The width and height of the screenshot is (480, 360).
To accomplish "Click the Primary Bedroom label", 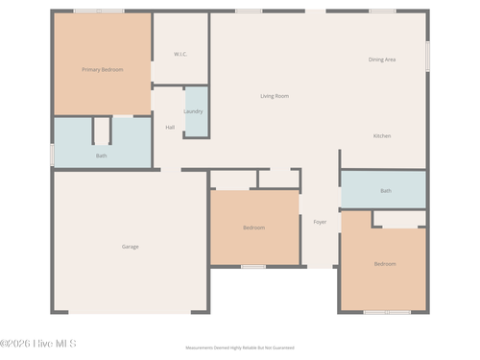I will (102, 69).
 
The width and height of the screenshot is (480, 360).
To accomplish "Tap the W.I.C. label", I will (180, 54).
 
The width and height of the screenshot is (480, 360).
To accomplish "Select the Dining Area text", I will (382, 60).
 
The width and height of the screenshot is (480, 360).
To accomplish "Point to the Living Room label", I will (275, 96).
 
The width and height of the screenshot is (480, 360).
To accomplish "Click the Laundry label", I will (193, 111).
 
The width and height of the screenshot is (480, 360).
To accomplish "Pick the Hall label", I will (170, 127).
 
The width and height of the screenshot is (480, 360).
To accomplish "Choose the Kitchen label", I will (382, 136).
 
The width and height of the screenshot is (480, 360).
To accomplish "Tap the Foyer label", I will (320, 222).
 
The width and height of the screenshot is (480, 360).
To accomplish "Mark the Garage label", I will (130, 247).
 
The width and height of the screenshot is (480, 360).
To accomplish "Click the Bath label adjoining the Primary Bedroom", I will (101, 156).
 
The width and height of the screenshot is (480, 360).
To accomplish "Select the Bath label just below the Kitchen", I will (386, 191).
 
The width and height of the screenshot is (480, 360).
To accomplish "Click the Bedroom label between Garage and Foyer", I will (253, 228).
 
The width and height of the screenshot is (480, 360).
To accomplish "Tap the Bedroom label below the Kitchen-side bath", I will (385, 263).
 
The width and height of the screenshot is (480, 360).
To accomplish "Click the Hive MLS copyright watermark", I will (38, 343).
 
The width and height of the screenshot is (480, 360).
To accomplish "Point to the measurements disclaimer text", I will (240, 348).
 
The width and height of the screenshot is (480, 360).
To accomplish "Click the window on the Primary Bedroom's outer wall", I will (99, 12).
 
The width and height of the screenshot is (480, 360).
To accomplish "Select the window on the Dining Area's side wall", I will (427, 55).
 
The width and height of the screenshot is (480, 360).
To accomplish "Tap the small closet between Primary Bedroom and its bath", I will (102, 130).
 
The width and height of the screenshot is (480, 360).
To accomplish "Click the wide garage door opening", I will (130, 312).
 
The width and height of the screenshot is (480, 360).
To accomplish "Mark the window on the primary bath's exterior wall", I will (52, 154).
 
